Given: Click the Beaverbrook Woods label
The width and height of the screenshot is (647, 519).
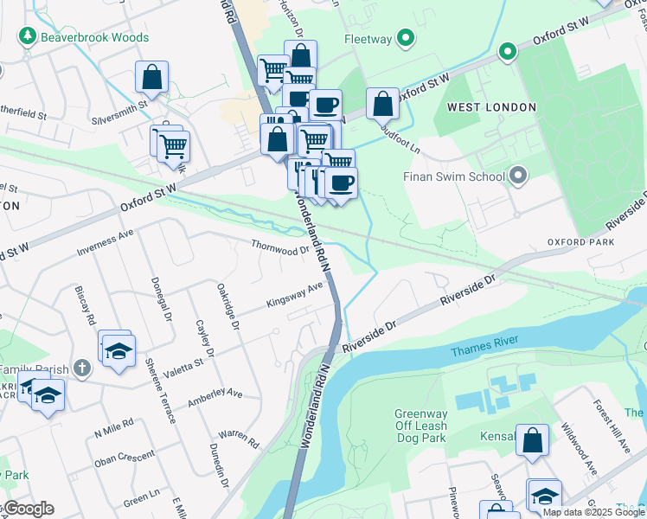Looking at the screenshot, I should click(95, 37).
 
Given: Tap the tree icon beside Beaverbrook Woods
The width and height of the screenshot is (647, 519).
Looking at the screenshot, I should click(28, 35).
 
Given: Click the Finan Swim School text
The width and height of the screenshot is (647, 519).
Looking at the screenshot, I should click(453, 177).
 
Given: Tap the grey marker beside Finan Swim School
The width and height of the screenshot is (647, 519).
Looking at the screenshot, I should click(518, 176).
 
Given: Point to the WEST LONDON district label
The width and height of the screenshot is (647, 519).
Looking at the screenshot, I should click(491, 107).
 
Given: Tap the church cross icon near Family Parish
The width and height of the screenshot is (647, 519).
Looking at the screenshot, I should click(82, 368).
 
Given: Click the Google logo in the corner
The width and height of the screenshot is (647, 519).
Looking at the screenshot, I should click(28, 509).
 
